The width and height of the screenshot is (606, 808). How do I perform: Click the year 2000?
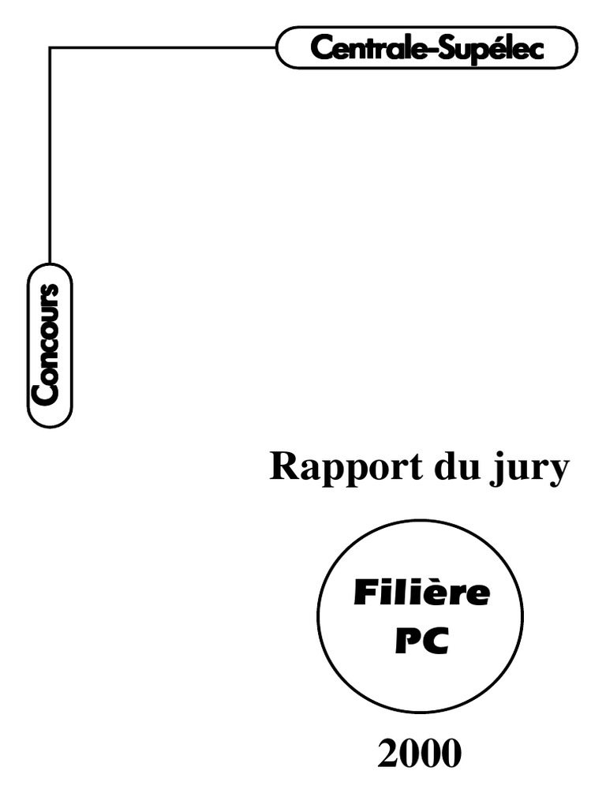coord(419,755)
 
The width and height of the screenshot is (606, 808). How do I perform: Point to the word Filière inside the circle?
coord(421,593)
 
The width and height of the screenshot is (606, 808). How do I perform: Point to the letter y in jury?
coord(557,472)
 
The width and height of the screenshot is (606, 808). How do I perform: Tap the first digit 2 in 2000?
coord(387,755)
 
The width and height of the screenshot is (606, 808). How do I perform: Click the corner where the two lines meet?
coord(50,48)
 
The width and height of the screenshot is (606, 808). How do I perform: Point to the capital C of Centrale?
coord(320,48)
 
